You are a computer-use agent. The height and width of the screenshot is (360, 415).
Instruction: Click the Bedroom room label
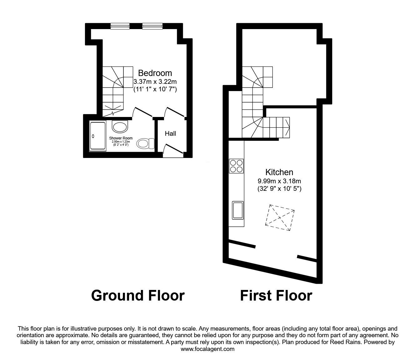click(x=155, y=73)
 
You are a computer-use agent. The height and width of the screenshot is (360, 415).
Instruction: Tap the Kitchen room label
click(x=279, y=172)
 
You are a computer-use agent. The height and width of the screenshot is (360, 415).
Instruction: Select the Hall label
click(x=170, y=134)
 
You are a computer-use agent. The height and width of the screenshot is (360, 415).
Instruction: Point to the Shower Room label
click(x=121, y=138)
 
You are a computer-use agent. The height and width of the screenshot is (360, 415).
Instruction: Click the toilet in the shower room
click(x=145, y=143)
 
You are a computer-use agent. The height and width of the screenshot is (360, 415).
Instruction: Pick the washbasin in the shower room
click(x=120, y=126)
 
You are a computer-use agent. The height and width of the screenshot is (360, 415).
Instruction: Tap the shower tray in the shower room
click(x=98, y=136)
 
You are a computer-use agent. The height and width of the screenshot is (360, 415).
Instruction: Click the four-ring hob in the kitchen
click(x=236, y=166)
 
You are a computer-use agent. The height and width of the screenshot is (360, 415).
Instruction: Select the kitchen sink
click(x=238, y=210)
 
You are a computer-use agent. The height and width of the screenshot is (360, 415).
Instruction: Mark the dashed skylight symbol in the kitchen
click(x=280, y=218)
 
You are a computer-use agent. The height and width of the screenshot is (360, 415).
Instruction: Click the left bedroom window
click(x=120, y=26)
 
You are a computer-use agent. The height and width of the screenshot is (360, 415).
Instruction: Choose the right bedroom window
click(x=152, y=26)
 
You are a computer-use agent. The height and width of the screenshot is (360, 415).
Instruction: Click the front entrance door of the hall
click(x=173, y=151)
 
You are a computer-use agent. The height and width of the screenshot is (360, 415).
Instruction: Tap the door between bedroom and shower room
click(x=142, y=112)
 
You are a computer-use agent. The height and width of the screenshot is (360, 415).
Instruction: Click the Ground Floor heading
click(x=138, y=296)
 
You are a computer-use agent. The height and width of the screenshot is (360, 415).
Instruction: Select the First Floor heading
click(x=276, y=296)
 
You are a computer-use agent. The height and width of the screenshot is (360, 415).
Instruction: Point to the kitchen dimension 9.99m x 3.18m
click(x=279, y=181)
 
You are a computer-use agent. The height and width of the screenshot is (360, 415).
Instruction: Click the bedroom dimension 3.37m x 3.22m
click(x=155, y=82)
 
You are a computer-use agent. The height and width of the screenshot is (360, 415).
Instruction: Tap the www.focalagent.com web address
click(x=207, y=349)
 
